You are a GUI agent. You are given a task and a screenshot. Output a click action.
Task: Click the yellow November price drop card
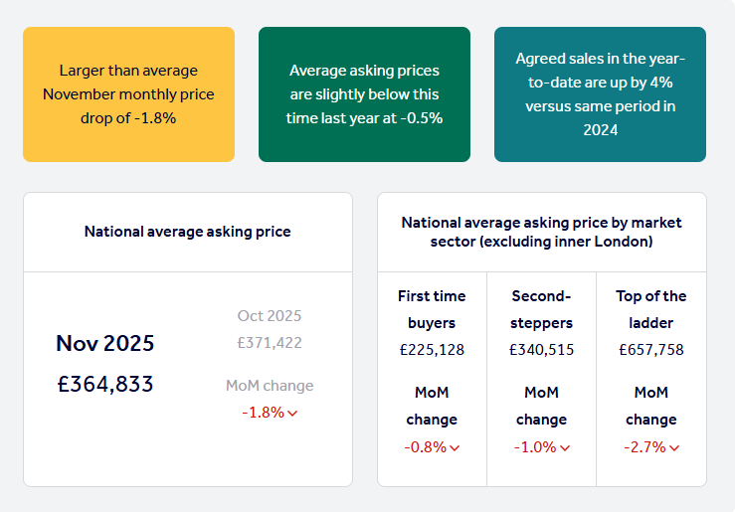coord(128,94)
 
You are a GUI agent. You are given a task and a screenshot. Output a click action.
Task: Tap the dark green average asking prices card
coord(364,94)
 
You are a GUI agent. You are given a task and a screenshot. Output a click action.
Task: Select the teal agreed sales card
coord(600,94)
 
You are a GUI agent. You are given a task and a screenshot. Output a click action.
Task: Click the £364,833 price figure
coord(105,384)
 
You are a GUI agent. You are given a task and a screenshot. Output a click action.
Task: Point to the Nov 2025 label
coord(105,343)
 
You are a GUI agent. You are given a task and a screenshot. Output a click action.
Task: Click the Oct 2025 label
coord(270,316)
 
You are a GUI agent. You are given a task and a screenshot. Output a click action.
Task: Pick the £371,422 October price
coord(270,343)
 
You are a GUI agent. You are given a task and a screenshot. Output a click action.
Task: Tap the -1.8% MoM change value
coord(264,412)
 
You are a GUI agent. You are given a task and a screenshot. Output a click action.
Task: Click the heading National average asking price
coord(188,232)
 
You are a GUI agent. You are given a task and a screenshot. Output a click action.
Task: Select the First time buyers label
coord(432,309)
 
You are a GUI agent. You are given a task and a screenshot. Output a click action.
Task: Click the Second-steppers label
coord(542,309)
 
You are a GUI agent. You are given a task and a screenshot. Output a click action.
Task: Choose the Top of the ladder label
coord(651,309)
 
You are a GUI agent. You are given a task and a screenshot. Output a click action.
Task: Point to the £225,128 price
coord(432,350)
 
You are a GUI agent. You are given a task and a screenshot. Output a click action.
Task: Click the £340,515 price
coord(542,350)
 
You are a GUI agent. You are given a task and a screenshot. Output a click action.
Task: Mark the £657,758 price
coord(651,350)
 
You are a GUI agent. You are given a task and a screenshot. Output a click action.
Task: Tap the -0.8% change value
coord(426,447)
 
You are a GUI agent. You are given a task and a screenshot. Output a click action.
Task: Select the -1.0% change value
coord(535,447)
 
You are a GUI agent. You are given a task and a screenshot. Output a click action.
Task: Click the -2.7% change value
coord(644,447)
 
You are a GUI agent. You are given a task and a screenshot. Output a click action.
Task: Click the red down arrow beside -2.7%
coord(674,448)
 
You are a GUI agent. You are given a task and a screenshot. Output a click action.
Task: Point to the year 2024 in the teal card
coord(601,129)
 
